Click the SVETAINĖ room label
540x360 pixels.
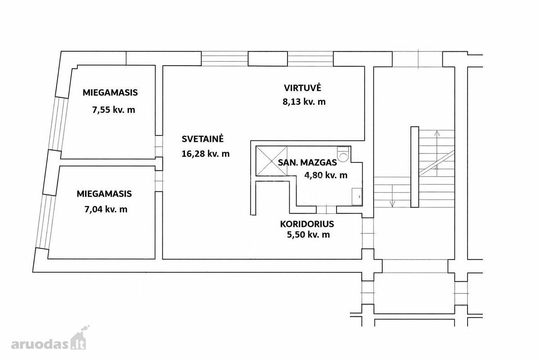tap(203, 139)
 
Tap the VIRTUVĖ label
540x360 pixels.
tap(302, 88)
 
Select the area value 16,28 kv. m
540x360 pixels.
tap(205, 153)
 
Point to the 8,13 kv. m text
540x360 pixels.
tap(304, 102)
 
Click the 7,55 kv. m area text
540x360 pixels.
tap(113, 110)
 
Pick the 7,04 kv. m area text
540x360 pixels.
tap(106, 209)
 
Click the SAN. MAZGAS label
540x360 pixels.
tap(307, 162)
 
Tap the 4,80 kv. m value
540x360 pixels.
tap(326, 175)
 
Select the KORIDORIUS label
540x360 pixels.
tap(307, 224)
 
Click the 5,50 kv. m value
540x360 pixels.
tap(308, 234)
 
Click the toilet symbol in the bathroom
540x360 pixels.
tap(343, 154)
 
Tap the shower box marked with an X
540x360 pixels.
tap(271, 161)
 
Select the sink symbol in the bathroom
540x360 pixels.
tap(357, 197)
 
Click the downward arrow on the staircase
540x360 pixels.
tap(392, 196)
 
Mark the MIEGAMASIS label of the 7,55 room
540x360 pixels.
tap(110, 93)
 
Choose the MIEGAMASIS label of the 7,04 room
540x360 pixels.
tap(104, 194)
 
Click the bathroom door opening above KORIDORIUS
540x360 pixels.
tap(326, 210)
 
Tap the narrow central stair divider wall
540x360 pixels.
tap(414, 166)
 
